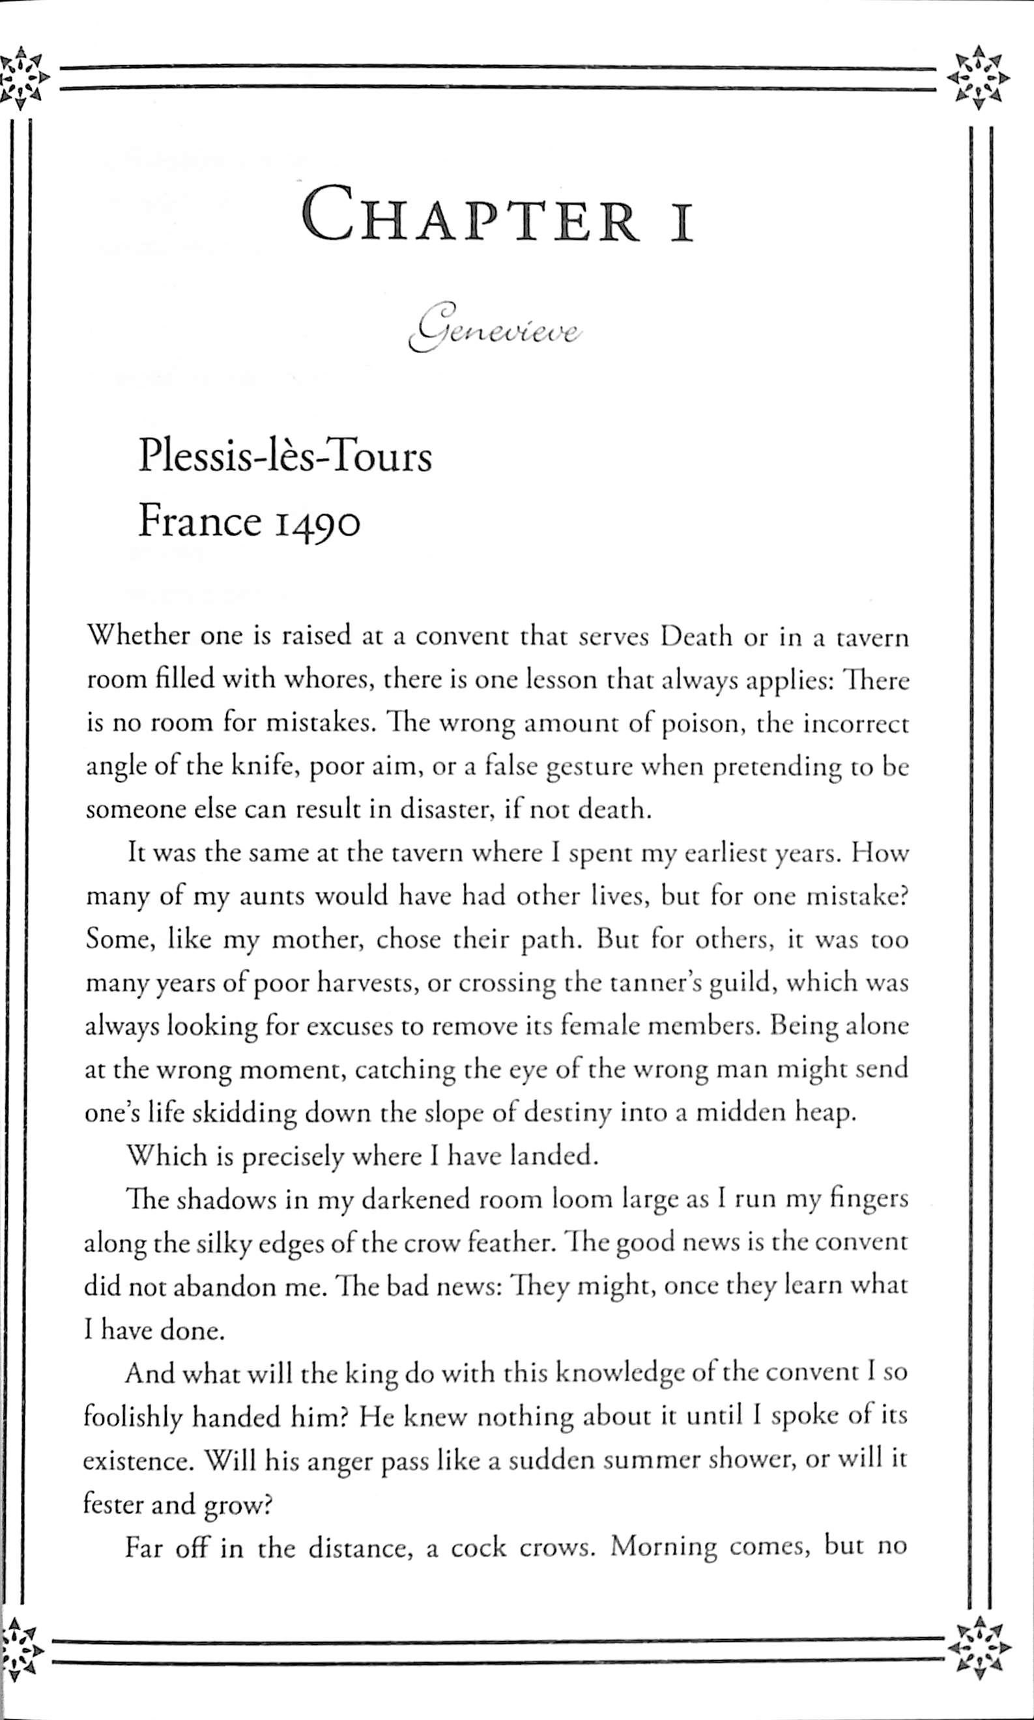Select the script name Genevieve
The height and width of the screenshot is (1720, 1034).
point(495,328)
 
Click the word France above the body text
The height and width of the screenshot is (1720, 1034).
point(200,521)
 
